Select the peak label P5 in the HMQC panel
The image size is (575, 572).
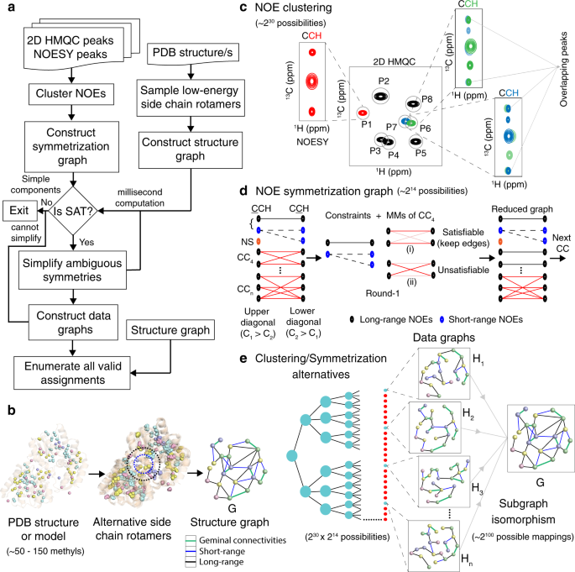418,155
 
